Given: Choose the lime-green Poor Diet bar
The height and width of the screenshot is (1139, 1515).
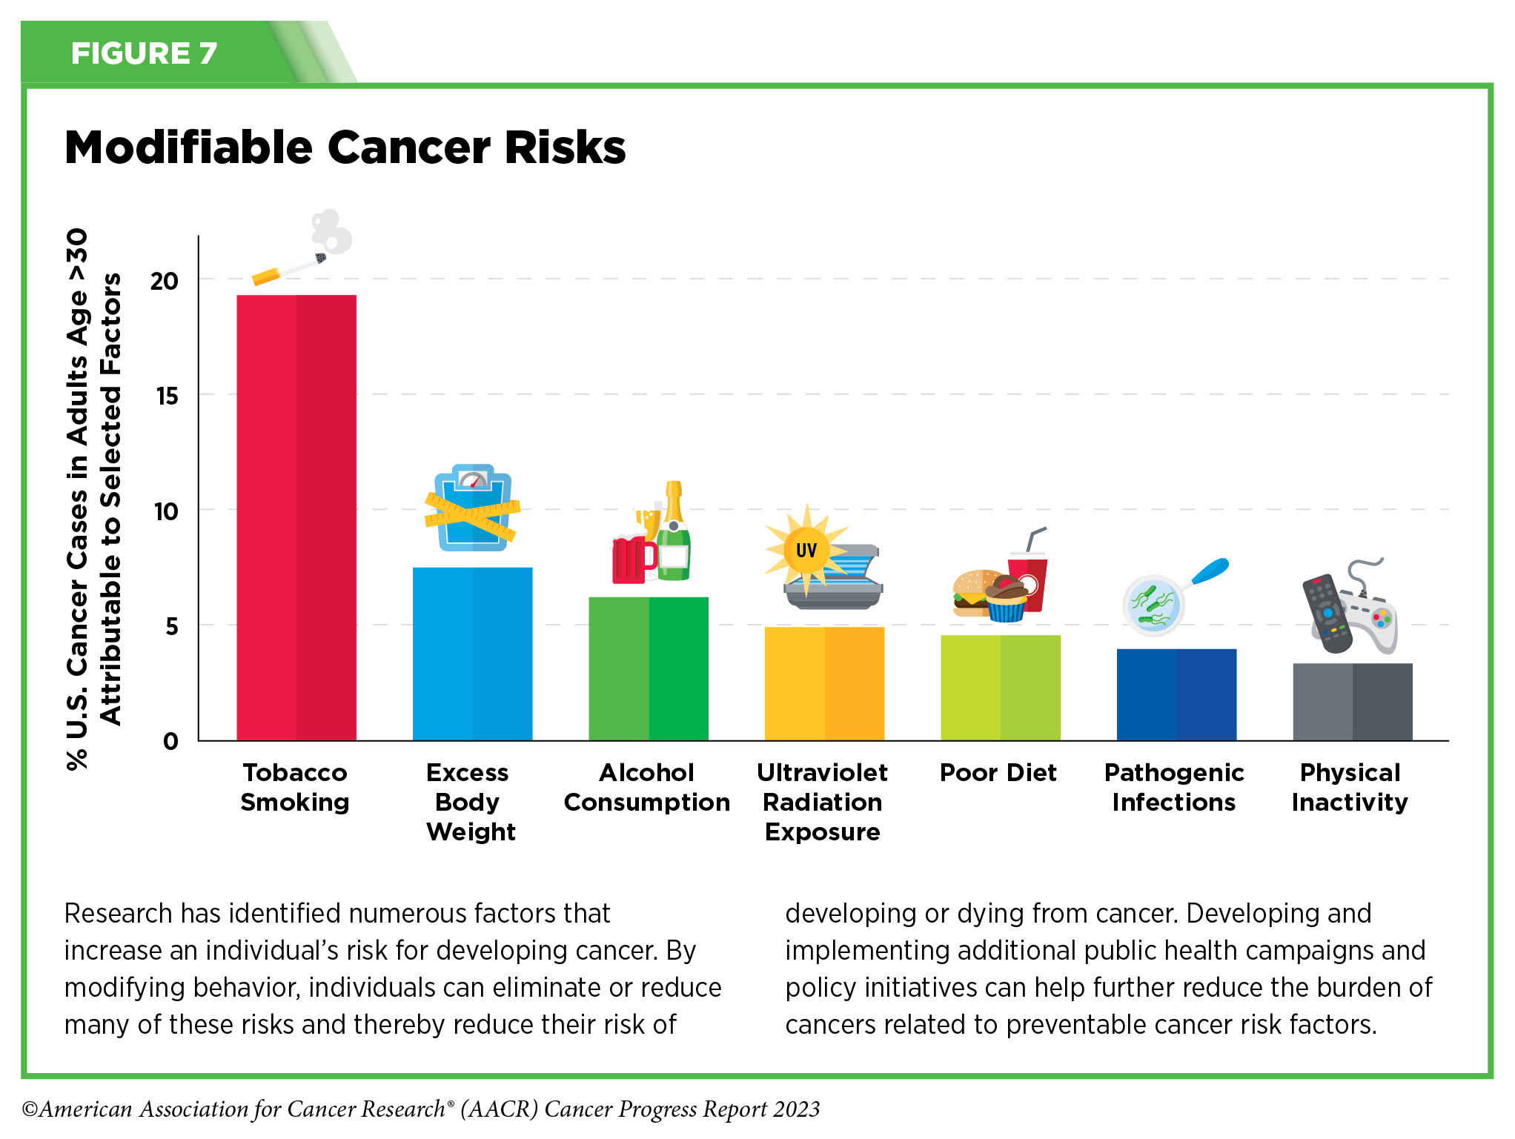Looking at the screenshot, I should [x=1000, y=688].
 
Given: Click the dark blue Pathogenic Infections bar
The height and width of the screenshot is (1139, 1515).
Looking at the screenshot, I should [x=1176, y=694].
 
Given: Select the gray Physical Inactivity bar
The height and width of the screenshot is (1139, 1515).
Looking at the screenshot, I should [x=1352, y=702].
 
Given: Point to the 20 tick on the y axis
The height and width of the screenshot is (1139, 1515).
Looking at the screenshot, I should [x=165, y=281].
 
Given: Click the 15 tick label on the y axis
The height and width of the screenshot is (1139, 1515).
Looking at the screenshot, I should [x=167, y=396].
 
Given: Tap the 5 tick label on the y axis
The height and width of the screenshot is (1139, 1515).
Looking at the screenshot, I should [x=171, y=627].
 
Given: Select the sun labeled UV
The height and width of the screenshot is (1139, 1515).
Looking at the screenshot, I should [x=806, y=550].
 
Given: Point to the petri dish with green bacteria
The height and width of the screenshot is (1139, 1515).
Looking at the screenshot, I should [x=1153, y=605].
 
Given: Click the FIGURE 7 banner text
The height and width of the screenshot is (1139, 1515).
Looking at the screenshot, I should [x=144, y=53].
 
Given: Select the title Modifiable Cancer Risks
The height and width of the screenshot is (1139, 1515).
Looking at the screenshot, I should [x=345, y=147].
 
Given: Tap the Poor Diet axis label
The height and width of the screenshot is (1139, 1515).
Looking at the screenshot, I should [x=998, y=773].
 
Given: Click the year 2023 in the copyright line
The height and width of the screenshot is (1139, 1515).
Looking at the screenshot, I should [x=796, y=1109].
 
